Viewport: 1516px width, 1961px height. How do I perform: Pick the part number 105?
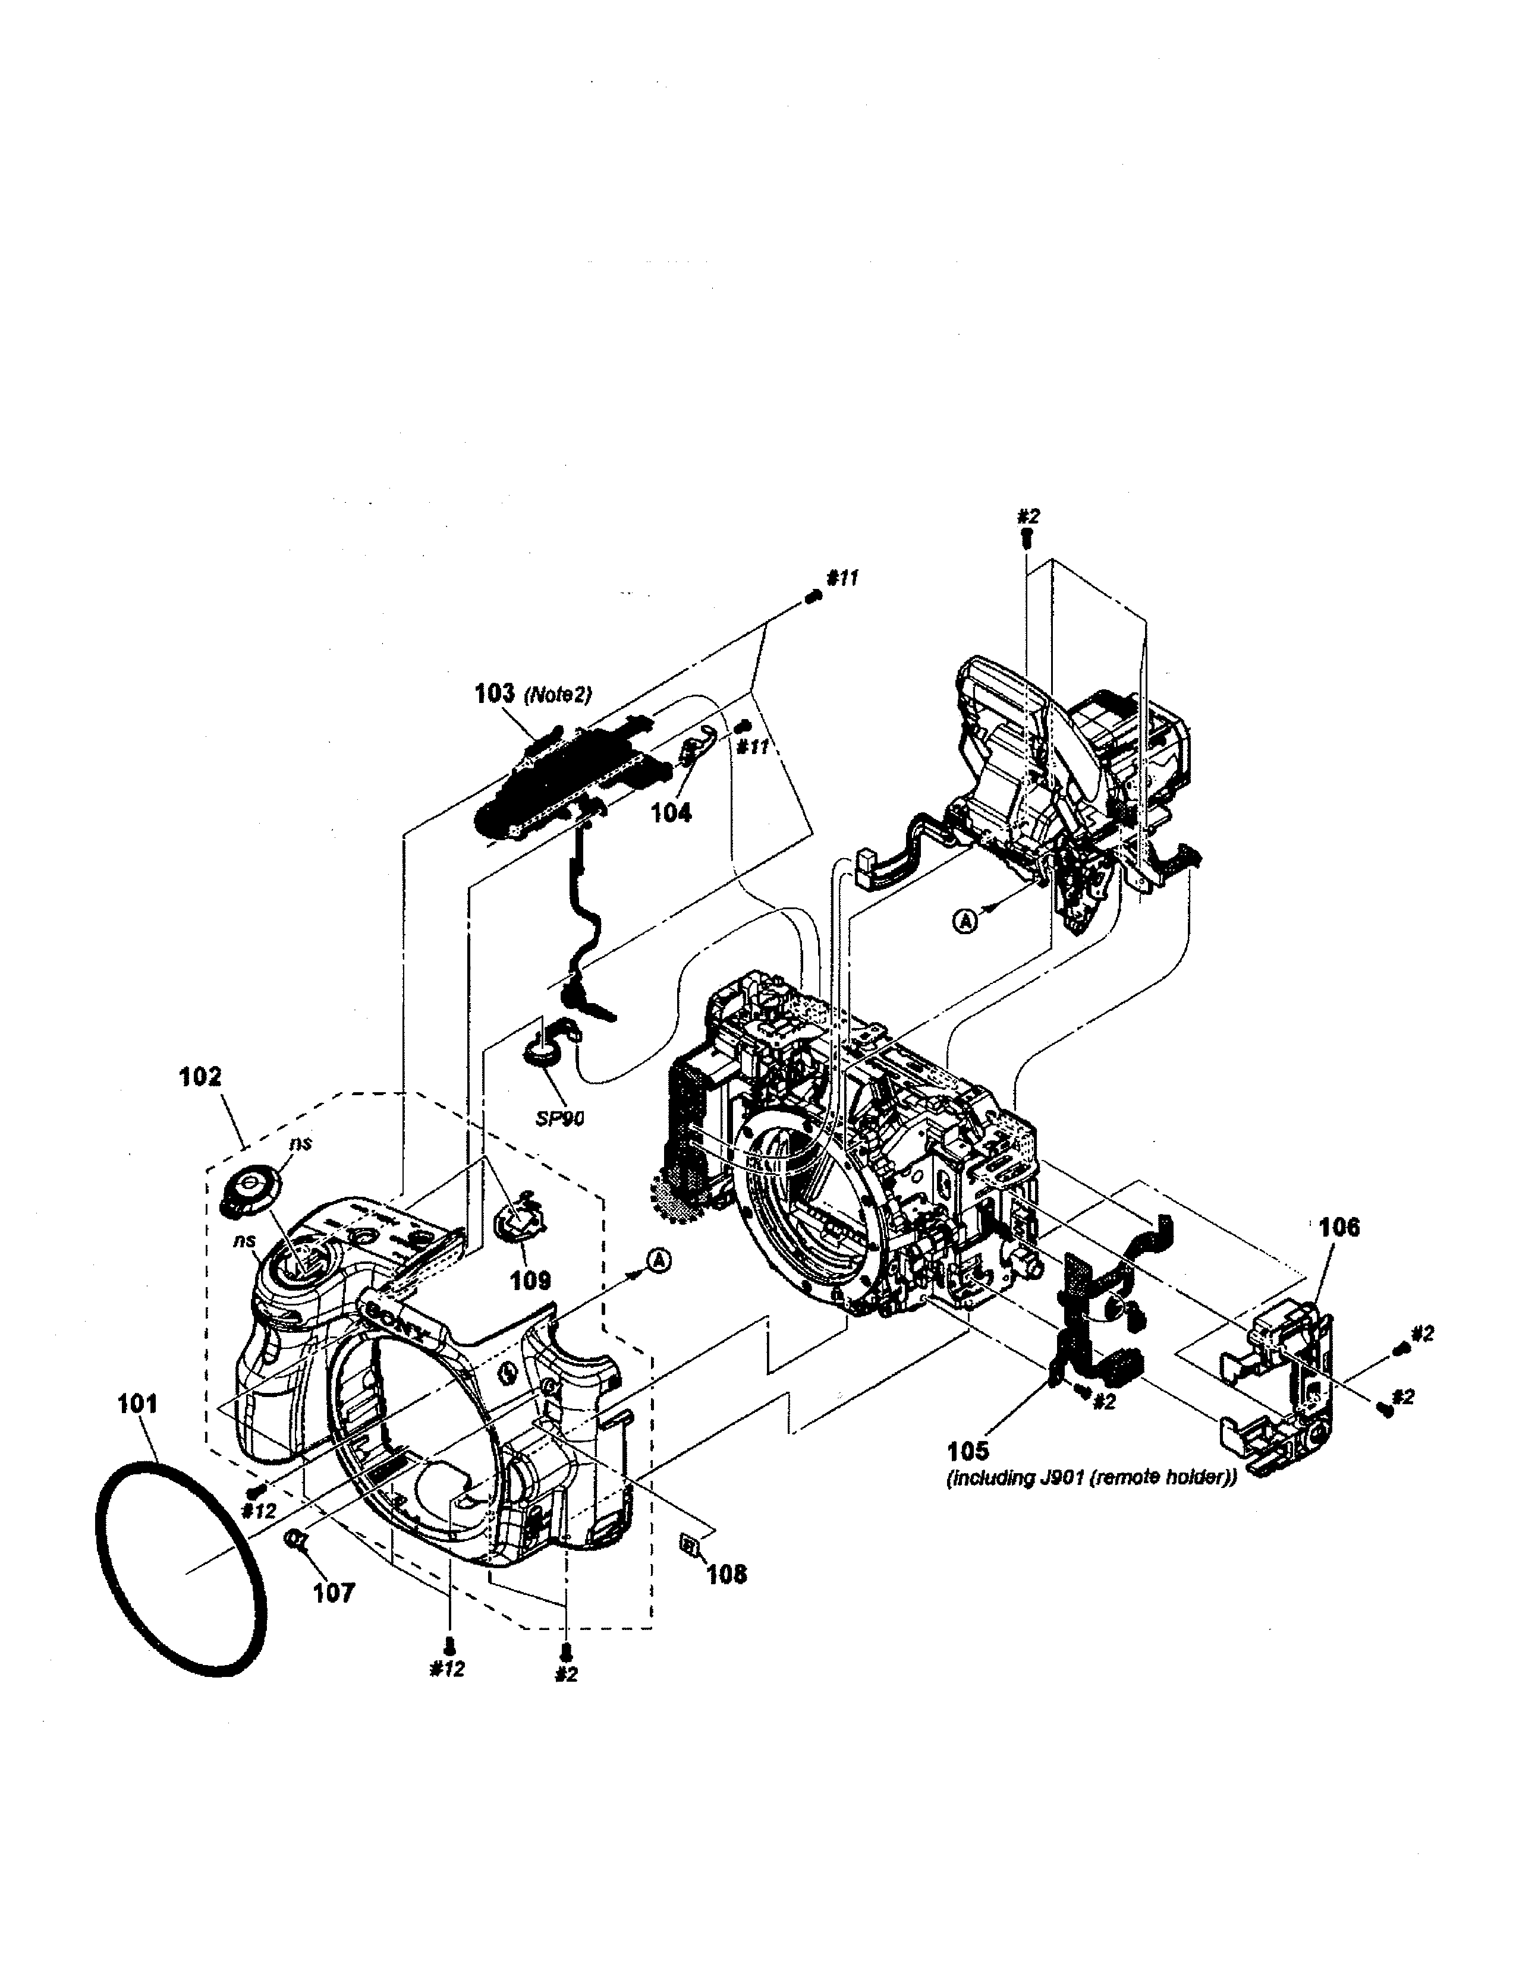[967, 1450]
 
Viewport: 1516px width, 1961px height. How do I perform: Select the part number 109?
[530, 1279]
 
